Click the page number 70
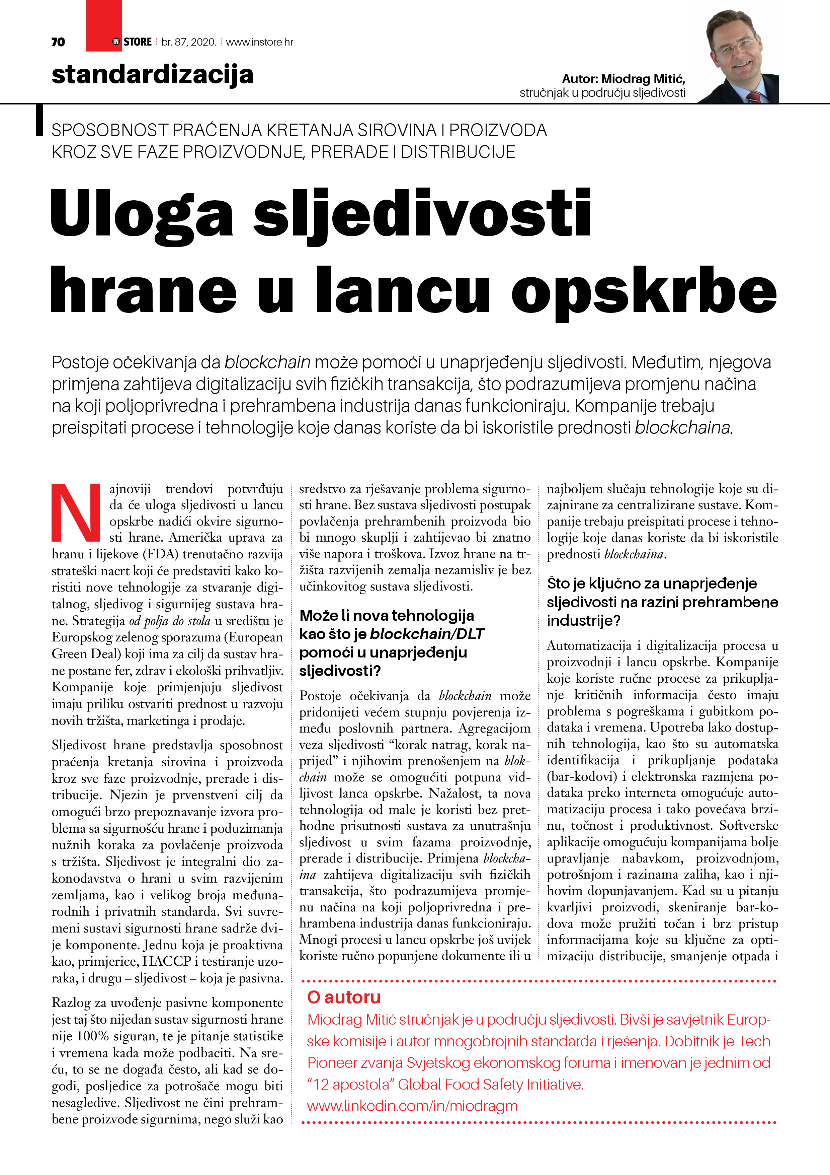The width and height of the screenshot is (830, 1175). coord(58,42)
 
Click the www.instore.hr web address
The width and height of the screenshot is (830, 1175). coord(259,42)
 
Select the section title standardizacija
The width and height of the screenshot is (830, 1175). coord(152,75)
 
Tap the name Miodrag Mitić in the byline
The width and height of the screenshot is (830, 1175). coord(643,79)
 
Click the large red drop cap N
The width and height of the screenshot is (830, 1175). coord(76,512)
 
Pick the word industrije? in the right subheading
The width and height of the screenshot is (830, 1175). coord(583,621)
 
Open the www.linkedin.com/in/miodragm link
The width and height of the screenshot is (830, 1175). coord(412,1106)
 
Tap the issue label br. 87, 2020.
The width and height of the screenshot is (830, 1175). coord(189,42)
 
